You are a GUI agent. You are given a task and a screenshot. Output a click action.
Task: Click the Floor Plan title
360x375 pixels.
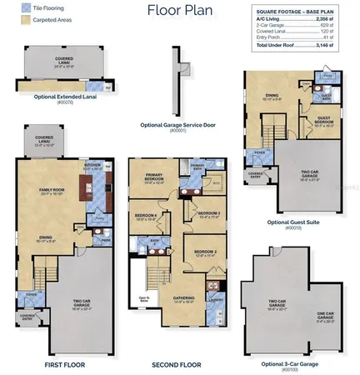[179, 11]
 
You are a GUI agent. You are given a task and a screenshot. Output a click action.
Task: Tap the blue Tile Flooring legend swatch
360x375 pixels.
[15, 7]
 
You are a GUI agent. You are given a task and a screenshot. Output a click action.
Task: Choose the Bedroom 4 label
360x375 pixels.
[147, 218]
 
